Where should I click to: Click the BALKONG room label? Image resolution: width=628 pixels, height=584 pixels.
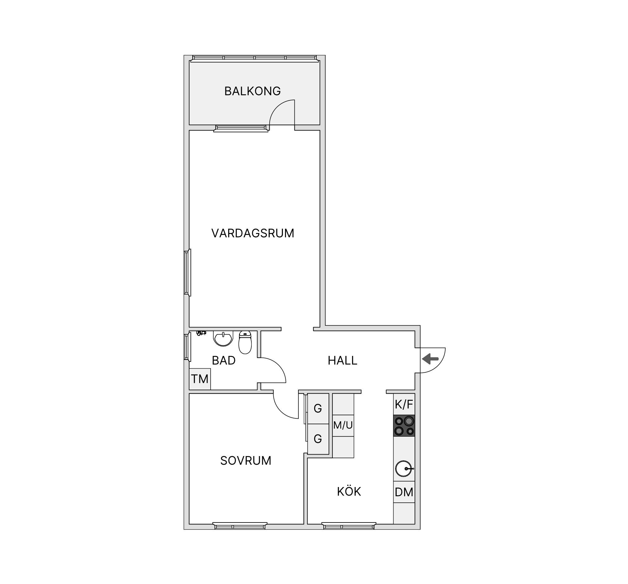coord(252,91)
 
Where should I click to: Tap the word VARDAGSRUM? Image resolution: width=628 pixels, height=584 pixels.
coord(253,233)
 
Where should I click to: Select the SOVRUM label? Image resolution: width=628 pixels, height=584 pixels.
coord(246,461)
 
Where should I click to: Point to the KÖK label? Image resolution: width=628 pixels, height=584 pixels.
coord(349,492)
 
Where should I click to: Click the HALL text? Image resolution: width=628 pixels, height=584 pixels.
coord(342,361)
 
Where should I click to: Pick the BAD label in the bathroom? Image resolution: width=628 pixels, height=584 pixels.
coord(224,361)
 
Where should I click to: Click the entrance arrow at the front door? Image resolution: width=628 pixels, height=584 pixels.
coord(430,359)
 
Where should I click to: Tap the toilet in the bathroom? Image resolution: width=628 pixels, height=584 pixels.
coord(245,342)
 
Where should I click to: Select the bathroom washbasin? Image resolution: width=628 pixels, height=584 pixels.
coord(223,338)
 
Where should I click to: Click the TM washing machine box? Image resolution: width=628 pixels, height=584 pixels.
coord(200,379)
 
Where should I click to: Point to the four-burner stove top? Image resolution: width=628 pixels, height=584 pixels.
coord(404,426)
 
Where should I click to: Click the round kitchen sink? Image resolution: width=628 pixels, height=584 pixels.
coord(404,469)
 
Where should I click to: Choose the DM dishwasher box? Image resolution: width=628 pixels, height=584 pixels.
coord(404,492)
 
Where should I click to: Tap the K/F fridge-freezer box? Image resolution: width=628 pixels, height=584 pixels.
coord(404,404)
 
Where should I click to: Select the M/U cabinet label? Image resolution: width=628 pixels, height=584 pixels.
coord(343,425)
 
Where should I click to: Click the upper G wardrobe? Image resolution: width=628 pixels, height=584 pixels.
coord(318,409)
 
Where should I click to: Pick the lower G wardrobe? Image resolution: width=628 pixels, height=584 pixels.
coord(318,439)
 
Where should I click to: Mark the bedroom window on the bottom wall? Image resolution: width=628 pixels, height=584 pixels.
coord(240,526)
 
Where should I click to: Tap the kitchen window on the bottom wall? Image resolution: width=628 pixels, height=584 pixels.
coord(349,526)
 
